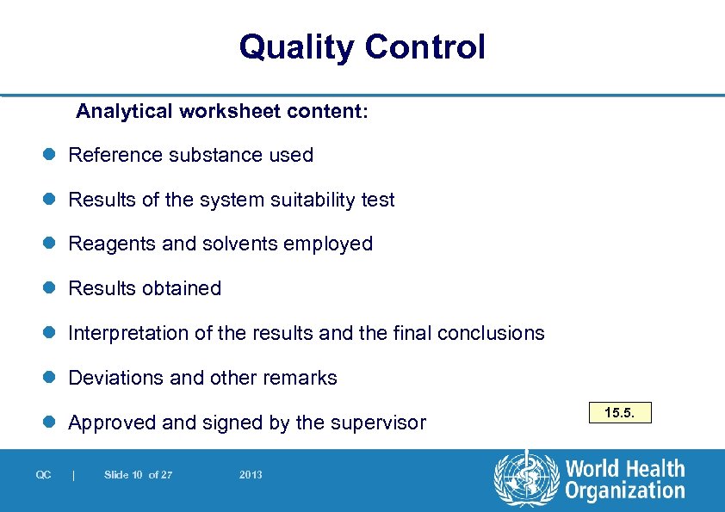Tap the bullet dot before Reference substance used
[51, 155]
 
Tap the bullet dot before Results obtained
[51, 289]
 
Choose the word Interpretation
[122, 333]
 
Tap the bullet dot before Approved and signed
[51, 423]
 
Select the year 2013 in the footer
[251, 475]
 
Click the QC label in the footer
[43, 475]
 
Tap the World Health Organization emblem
[526, 478]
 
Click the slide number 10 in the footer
[137, 475]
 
